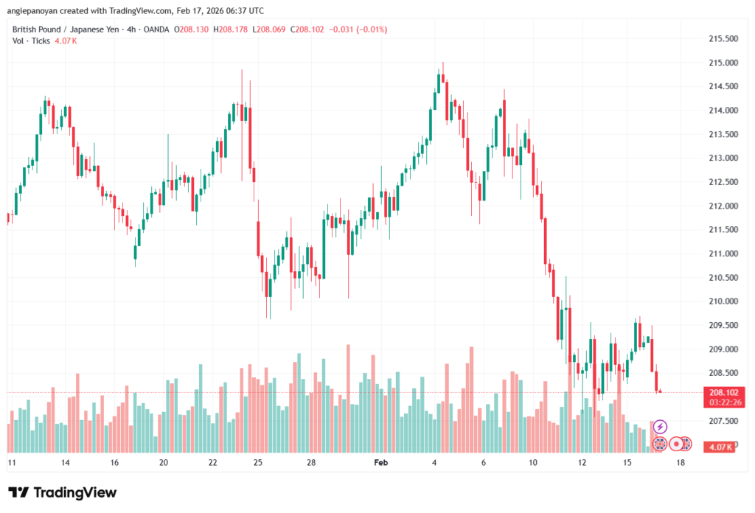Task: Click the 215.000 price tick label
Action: coord(723,63)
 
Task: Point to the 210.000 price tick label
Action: coord(723,301)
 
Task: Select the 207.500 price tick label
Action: coord(723,421)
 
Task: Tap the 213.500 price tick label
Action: coord(723,135)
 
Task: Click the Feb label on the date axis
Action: coord(380,463)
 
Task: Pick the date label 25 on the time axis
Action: coord(257,463)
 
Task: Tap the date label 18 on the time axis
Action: coord(680,463)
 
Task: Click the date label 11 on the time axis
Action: coord(12,463)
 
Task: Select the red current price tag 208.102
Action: coord(723,393)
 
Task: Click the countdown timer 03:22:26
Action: coord(723,402)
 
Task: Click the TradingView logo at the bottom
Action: coord(63,492)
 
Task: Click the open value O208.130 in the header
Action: coord(194,29)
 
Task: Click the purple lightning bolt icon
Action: coord(661,426)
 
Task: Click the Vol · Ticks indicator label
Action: coord(31,41)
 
